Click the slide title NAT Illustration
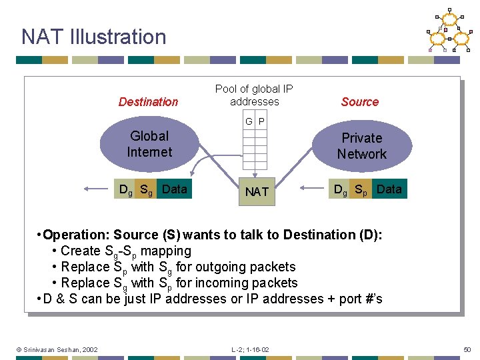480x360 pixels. [x=93, y=37]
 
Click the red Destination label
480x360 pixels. [x=148, y=102]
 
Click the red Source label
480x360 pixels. [x=359, y=102]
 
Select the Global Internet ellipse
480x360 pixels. [x=149, y=144]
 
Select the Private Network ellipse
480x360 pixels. [x=361, y=146]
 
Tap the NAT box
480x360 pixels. [x=257, y=192]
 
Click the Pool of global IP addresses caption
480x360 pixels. [x=254, y=95]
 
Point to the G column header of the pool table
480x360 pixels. [x=249, y=122]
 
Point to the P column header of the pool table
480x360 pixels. [x=261, y=122]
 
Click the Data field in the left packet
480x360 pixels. [x=175, y=189]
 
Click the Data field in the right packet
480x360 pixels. [x=389, y=189]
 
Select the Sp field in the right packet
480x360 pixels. [x=363, y=190]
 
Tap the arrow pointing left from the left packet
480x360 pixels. [x=97, y=189]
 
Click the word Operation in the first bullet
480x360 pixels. [x=75, y=235]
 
